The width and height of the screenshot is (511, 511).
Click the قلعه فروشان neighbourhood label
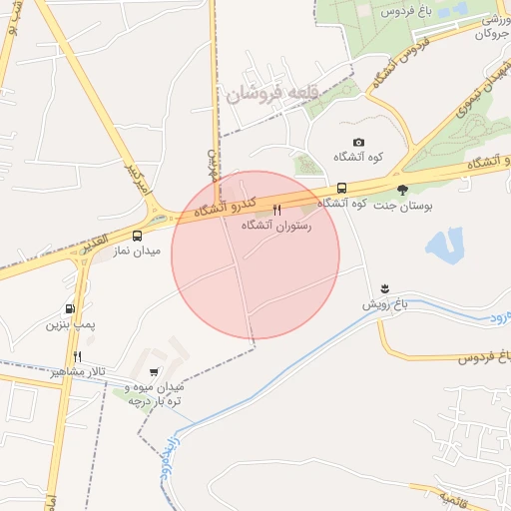coord(270,92)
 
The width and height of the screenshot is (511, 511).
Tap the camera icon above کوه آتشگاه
coord(359,143)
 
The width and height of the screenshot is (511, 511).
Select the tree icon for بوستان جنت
coord(402,188)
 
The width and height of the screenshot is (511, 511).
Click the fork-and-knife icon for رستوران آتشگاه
coord(277,211)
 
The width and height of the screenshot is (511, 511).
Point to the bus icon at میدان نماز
coord(137,236)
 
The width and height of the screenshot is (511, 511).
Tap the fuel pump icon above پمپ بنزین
coord(70,308)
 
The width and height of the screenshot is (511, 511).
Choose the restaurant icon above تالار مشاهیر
coord(77,355)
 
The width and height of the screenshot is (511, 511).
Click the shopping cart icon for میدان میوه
coord(153,371)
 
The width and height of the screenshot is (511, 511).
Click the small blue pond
coord(445,244)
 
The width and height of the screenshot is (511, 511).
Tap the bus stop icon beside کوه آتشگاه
coord(341,188)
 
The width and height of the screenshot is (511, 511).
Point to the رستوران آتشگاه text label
coord(277,227)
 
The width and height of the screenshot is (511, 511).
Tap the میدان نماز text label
coord(136,252)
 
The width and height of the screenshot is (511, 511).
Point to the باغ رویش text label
coord(387,301)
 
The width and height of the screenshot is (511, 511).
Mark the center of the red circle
coord(255,255)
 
